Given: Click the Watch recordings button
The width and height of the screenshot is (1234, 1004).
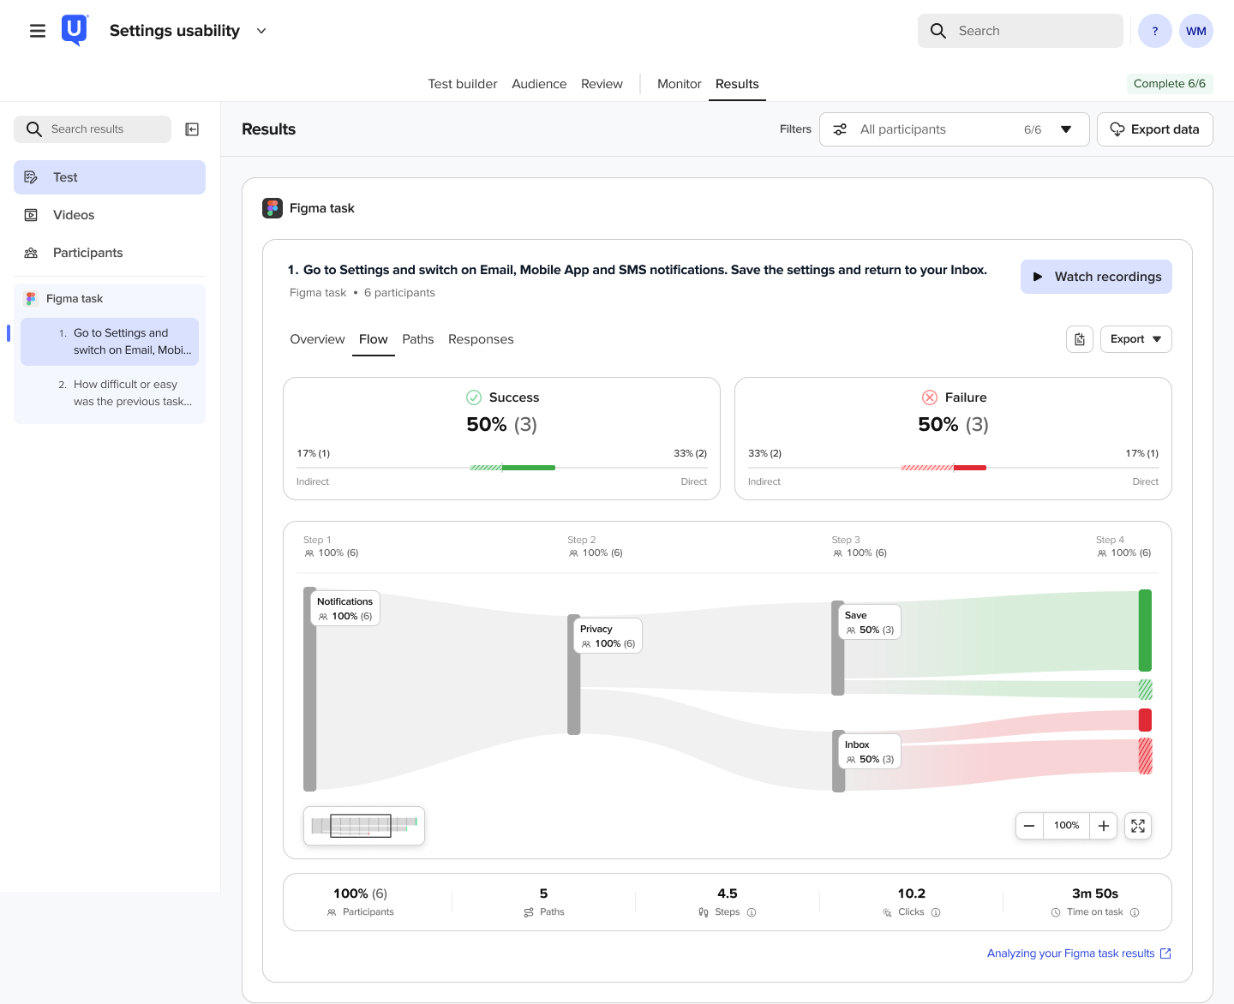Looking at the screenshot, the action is [1095, 276].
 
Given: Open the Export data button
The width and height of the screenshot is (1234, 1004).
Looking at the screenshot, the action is [1154, 129].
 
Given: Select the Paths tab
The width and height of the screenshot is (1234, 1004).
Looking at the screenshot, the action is [417, 338].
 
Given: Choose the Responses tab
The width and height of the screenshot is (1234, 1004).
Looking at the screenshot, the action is [480, 338].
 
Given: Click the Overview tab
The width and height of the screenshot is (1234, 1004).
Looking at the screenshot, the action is [317, 338].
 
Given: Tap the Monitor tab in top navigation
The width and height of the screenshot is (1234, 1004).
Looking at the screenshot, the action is [679, 84].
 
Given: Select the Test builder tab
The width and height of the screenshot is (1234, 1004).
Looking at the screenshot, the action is [462, 84].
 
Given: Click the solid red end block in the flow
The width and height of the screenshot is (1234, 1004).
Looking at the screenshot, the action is [1144, 720].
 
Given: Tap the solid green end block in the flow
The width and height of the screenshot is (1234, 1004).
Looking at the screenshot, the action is [1144, 630].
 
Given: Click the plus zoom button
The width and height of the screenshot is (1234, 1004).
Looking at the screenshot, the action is [1103, 825].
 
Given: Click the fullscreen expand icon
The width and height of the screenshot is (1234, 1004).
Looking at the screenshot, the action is [1137, 825].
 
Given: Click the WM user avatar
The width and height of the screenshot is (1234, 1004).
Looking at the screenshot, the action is [1195, 31].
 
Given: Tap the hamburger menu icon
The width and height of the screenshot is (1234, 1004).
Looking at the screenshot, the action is [38, 31].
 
